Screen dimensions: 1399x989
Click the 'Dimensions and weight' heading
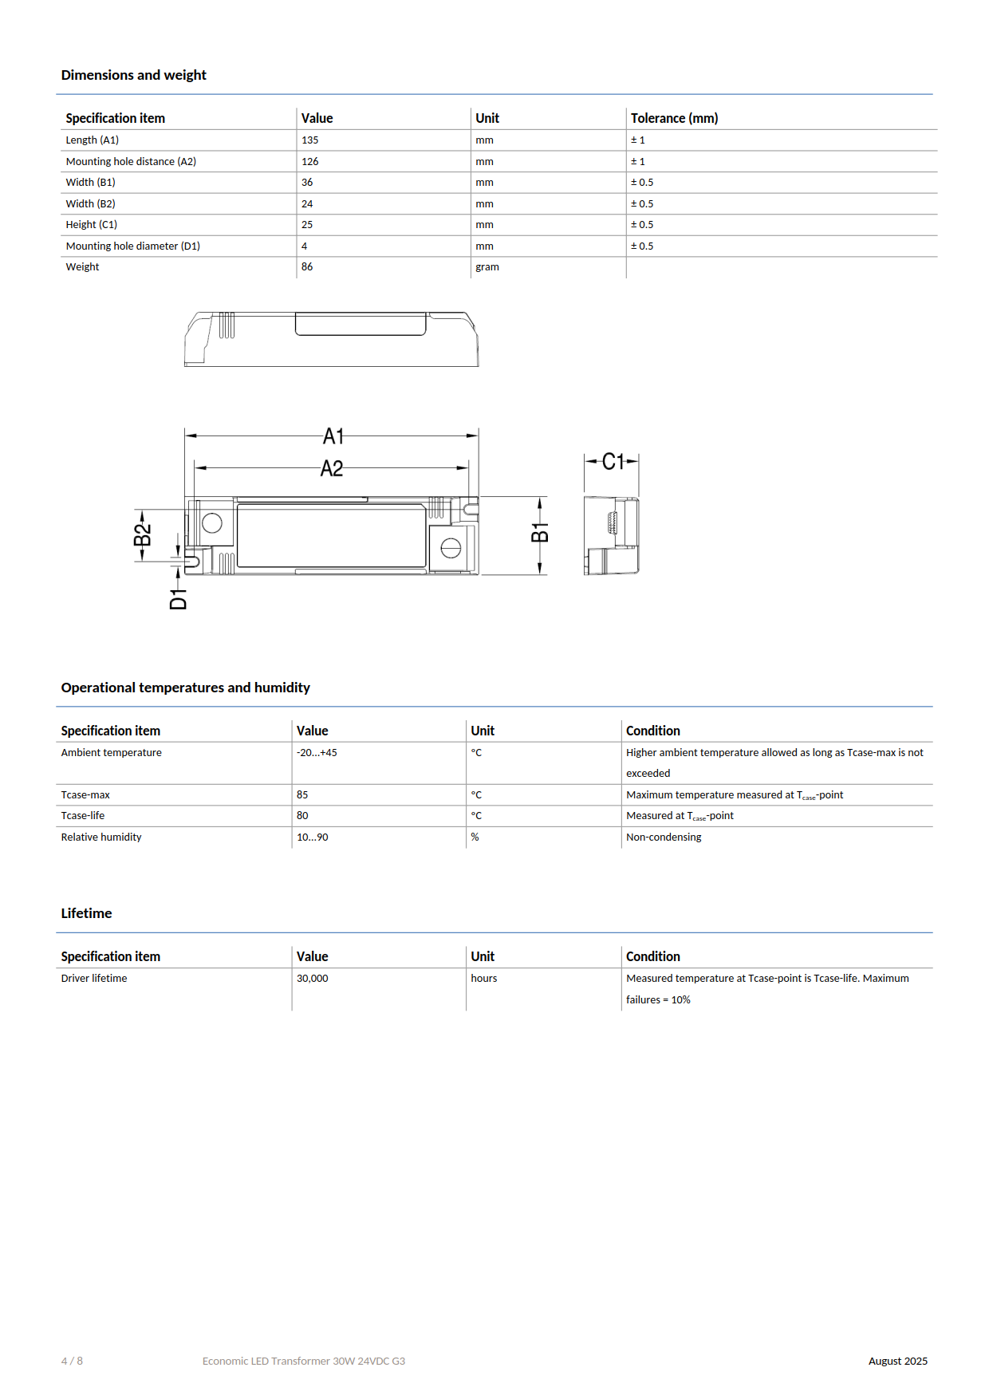tap(133, 75)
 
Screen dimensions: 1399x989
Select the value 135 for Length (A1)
tap(309, 140)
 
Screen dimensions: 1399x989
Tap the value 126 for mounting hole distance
tap(309, 161)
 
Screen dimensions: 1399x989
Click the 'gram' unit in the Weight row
tap(487, 267)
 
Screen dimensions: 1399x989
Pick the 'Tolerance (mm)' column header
tap(674, 118)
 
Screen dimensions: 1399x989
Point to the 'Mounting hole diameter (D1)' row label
tap(132, 246)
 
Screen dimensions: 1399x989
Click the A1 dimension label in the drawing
tap(333, 436)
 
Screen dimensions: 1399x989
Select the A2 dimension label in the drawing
tap(332, 468)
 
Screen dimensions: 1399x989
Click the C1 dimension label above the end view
tap(613, 461)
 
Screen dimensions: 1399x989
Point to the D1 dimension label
tap(178, 599)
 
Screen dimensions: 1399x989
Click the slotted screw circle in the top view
tap(451, 548)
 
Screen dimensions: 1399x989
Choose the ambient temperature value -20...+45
tap(317, 753)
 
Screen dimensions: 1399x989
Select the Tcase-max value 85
tap(302, 795)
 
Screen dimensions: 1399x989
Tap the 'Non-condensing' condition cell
tap(664, 837)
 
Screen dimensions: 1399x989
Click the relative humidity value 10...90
tap(312, 837)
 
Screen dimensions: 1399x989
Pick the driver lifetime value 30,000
tap(312, 979)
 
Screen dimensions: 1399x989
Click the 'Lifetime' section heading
tap(86, 913)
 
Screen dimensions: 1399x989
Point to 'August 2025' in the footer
tap(897, 1362)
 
